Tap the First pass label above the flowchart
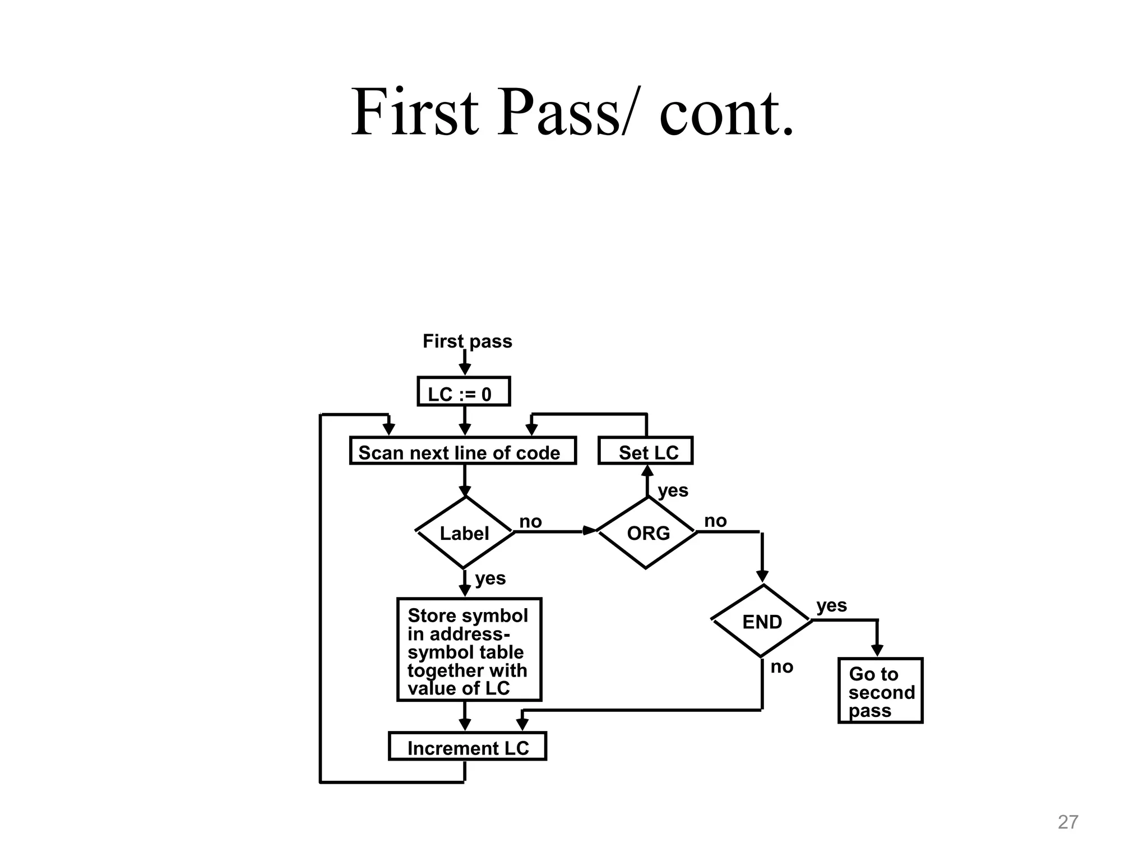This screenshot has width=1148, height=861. tap(467, 341)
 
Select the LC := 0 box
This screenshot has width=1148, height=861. tap(464, 392)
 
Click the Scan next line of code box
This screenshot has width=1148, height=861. tap(462, 451)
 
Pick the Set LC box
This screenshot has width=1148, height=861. tap(646, 451)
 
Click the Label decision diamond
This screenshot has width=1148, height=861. tap(465, 533)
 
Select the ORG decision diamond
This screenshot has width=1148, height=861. tap(647, 533)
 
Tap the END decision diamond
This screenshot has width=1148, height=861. tap(762, 621)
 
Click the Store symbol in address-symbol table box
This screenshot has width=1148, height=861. tap(469, 650)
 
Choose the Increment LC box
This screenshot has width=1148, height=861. tap(467, 747)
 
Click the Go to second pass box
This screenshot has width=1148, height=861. tap(880, 691)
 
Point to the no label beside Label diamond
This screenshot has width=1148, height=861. tap(530, 521)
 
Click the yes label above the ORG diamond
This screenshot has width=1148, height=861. tap(673, 490)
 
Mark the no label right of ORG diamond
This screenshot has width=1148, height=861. tap(715, 521)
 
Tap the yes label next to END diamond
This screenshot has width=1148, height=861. tap(831, 605)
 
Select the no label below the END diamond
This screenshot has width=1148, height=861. tap(781, 666)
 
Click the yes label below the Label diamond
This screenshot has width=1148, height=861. tap(490, 578)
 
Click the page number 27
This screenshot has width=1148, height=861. tap(1067, 822)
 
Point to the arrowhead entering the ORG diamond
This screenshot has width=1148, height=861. tap(590, 530)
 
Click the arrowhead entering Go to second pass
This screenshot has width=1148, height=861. tap(877, 650)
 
